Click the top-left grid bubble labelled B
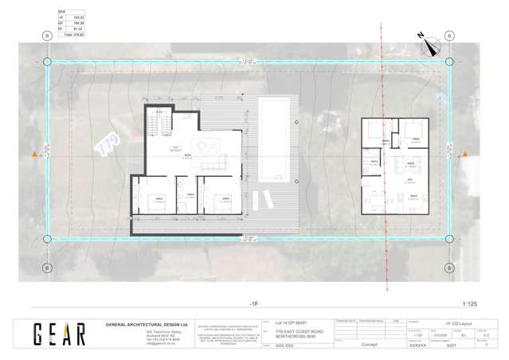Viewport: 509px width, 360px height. pyautogui.click(x=47, y=37)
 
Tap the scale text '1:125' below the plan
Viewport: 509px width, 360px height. pyautogui.click(x=471, y=303)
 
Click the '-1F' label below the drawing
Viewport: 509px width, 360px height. pyautogui.click(x=253, y=303)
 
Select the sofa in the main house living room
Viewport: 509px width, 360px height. pyautogui.click(x=213, y=165)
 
